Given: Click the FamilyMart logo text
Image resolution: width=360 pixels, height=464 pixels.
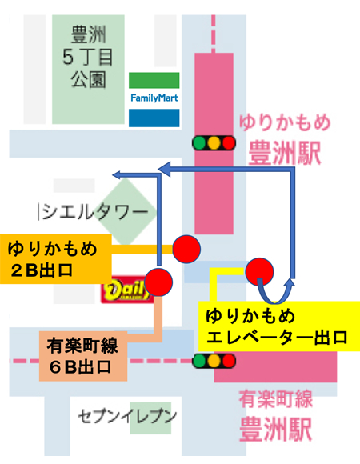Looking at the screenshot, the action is [154, 98].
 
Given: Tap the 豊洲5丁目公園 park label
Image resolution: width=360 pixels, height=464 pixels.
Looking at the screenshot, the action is [88, 57].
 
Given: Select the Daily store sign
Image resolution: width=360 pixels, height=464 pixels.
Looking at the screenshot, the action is [126, 290].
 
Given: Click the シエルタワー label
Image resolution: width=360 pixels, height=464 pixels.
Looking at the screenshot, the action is [94, 211].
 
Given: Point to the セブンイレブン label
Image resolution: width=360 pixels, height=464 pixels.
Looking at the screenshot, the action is [127, 417].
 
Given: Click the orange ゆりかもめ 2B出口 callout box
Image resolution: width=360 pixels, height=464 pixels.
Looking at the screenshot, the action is [56, 259].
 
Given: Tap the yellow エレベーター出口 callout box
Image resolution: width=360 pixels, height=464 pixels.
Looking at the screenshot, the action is [279, 326].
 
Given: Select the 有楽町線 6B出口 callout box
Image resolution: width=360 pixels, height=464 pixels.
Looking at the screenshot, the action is [83, 356].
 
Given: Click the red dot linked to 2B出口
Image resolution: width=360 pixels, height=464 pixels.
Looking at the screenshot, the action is [186, 249].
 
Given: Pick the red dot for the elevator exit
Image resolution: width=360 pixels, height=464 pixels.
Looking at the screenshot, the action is [260, 272].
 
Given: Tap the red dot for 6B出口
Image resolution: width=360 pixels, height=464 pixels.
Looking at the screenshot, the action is [158, 282].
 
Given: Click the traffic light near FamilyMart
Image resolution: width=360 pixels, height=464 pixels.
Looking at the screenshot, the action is [214, 143].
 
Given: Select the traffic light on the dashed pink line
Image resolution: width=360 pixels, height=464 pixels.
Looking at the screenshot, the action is [214, 361].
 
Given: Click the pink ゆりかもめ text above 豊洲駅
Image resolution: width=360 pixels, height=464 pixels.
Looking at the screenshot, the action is [285, 124].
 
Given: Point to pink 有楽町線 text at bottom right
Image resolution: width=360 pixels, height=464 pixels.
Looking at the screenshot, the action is [276, 399].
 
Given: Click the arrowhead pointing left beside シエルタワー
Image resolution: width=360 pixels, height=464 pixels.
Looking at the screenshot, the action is [118, 175].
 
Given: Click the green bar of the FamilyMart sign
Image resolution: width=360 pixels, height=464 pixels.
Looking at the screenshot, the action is [154, 80].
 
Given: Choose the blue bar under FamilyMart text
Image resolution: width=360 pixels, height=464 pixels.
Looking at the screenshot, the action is [154, 118].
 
